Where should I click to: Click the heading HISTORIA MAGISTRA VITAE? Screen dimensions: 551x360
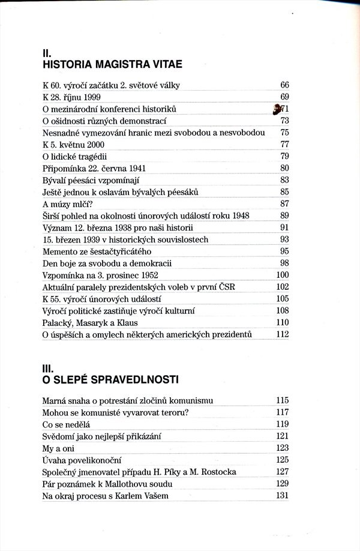pyautogui.click(x=113, y=64)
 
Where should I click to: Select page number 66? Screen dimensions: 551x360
pyautogui.click(x=284, y=85)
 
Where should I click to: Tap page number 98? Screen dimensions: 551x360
pyautogui.click(x=284, y=263)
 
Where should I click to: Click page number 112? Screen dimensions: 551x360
pyautogui.click(x=283, y=334)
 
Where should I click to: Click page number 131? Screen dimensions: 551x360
pyautogui.click(x=283, y=496)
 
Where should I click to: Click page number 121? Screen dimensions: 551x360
pyautogui.click(x=283, y=436)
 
